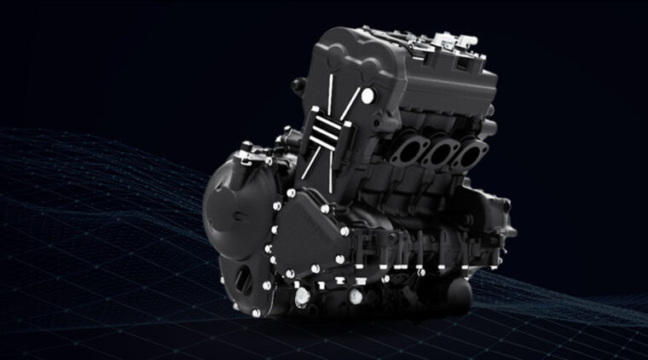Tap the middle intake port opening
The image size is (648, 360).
(440, 156)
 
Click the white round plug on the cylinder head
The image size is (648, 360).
(367, 100)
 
